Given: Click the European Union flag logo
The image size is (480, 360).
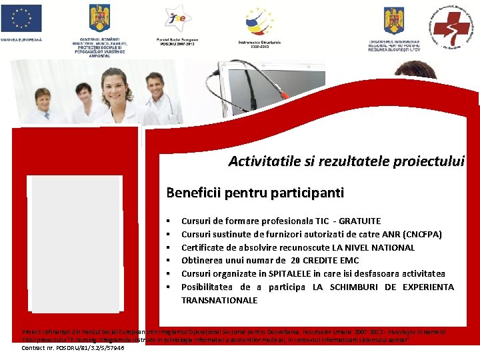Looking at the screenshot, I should click(22, 18).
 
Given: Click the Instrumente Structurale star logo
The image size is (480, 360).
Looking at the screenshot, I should click(259, 21).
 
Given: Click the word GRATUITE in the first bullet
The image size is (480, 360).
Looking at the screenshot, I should click(360, 221).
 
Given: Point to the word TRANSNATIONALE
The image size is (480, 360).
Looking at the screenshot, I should click(219, 301).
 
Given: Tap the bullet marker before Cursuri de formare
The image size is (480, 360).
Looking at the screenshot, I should click(169, 221).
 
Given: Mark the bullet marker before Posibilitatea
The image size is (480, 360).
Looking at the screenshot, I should click(169, 287).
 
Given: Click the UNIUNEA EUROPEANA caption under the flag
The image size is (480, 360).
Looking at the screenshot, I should click(21, 39).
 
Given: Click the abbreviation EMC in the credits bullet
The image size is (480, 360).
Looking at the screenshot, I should click(348, 261).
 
